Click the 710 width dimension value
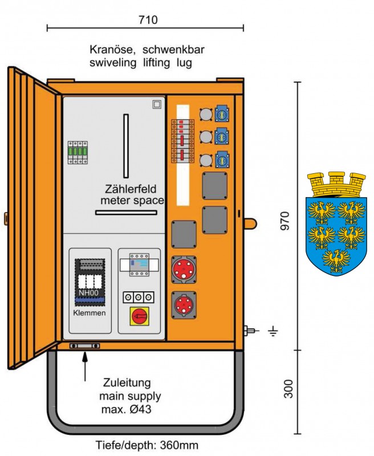click(148, 20)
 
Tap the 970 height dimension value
click(285, 221)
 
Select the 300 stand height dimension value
click(288, 389)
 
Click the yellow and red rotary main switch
click(139, 316)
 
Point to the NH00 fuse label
click(88, 293)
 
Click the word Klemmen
click(90, 313)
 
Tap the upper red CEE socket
click(184, 270)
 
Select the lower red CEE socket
click(184, 306)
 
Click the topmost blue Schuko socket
click(222, 113)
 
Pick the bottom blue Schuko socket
click(222, 160)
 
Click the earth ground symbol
click(274, 331)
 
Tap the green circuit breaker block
click(78, 153)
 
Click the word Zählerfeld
click(131, 189)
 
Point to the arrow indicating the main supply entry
click(85, 366)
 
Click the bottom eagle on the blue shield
click(336, 260)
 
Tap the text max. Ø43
click(126, 409)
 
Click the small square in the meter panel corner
click(157, 104)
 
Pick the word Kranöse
click(112, 50)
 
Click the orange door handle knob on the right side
click(250, 223)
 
